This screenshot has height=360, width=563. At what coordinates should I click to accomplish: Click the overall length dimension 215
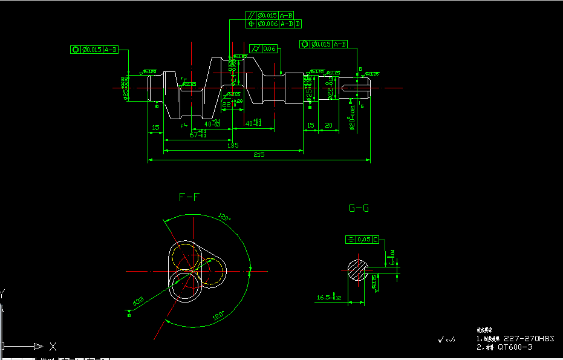coord(259,155)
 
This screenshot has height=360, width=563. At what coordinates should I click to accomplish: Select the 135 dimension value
coord(232,145)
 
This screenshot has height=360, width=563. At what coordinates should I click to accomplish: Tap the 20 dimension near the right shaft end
coord(328,126)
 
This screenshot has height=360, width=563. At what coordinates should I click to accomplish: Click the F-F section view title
coord(189,197)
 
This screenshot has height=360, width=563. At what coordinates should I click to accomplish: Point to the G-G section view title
coord(359,208)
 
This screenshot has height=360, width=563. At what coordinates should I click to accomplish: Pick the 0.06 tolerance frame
coord(264,48)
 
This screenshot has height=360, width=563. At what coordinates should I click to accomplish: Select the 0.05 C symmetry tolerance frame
coord(362,240)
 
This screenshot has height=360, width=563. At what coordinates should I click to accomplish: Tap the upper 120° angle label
coord(224,217)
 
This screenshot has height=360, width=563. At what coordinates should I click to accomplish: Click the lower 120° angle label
coord(218,315)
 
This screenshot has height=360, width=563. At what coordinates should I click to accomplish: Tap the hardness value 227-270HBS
coord(528,338)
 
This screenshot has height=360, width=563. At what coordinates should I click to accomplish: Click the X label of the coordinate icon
coord(53,347)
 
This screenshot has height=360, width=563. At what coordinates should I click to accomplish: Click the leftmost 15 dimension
coord(155,128)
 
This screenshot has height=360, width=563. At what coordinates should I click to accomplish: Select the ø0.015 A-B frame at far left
coord(94,50)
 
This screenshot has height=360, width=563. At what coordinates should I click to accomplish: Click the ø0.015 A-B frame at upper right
coord(324,44)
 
